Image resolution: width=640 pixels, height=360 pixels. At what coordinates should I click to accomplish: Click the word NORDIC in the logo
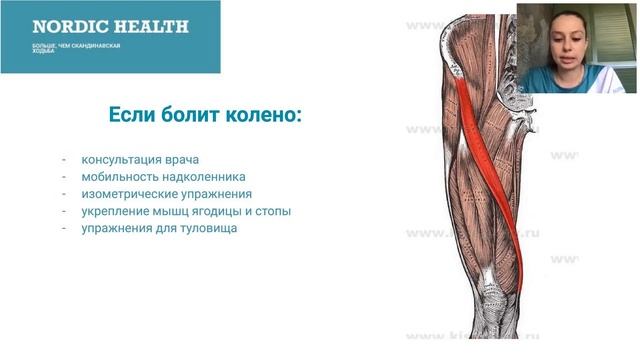[x=68, y=27]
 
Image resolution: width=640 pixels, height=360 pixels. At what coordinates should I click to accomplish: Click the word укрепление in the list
[x=113, y=211]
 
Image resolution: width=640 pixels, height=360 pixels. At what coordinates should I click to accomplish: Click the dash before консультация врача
[x=63, y=160]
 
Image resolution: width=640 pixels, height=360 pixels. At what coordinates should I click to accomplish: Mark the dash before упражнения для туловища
[x=63, y=228]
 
